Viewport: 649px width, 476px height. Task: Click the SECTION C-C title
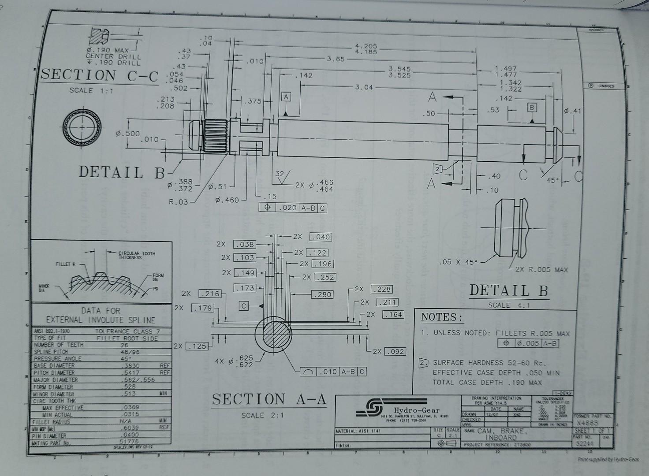click(100, 76)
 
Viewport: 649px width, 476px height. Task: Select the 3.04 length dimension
click(364, 87)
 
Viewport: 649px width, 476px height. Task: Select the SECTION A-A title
click(269, 399)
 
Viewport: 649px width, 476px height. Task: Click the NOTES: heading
click(441, 317)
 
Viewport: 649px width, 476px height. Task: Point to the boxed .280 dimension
click(322, 294)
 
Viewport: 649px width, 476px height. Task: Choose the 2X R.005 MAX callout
click(544, 270)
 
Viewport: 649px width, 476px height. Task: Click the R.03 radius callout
click(179, 202)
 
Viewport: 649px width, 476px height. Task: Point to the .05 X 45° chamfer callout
click(458, 262)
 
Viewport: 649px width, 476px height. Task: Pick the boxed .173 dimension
click(245, 288)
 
